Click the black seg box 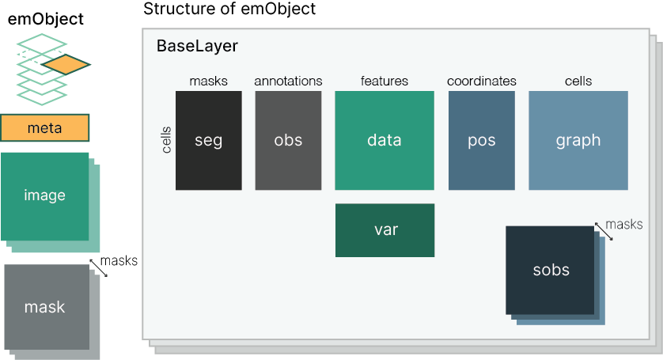pos(209,141)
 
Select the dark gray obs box pos(288,141)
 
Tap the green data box pos(385,141)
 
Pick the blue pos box pos(481,141)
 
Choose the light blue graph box pos(578,141)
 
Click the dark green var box pos(385,230)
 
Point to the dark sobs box pos(551,271)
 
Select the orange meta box pos(44,127)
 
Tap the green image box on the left pos(44,196)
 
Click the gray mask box pos(46,307)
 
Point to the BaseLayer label pos(197,46)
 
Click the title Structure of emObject pos(229,9)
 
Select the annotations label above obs pos(288,81)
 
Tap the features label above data pos(385,81)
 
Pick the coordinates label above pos pos(481,81)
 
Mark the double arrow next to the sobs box pos(604,231)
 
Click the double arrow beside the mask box pos(98,267)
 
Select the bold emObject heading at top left pos(45,19)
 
